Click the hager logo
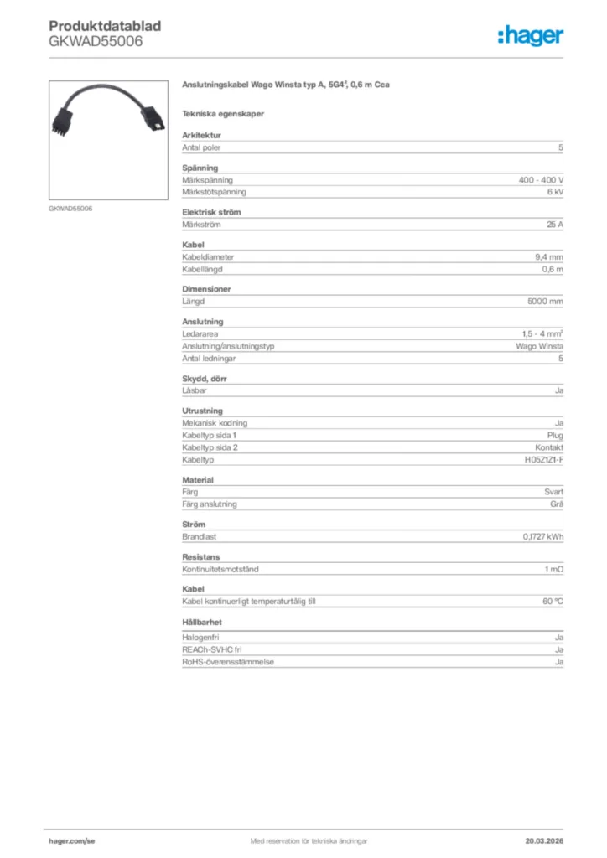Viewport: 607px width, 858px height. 531,35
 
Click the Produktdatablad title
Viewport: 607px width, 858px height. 105,26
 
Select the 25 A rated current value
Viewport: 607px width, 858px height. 554,225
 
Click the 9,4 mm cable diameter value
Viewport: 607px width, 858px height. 549,257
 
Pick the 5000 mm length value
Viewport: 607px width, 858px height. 545,301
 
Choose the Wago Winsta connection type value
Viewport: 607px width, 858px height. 539,346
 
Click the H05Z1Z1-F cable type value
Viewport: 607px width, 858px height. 538,460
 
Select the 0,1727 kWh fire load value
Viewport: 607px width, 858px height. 542,536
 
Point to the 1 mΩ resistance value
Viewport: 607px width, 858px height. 553,569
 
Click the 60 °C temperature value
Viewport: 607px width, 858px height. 553,602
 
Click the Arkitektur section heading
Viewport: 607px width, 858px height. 201,136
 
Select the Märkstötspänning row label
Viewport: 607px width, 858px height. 212,192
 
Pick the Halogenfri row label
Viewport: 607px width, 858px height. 201,638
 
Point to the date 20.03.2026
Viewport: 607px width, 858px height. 542,840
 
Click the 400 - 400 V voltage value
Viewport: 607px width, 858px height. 541,180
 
